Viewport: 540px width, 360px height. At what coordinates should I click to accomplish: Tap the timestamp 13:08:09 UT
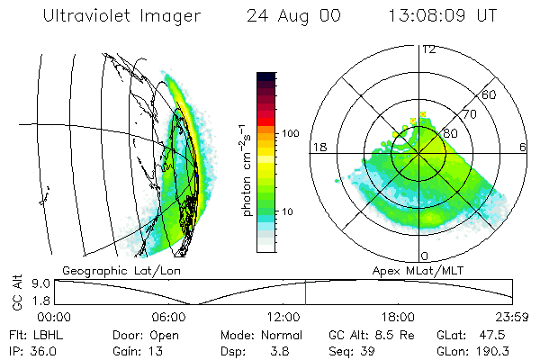pos(443,16)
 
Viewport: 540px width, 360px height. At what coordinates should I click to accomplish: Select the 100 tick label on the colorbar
pos(291,133)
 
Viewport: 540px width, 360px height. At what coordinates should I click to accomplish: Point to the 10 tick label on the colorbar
pos(288,211)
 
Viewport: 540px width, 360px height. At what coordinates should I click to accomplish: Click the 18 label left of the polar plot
pos(319,147)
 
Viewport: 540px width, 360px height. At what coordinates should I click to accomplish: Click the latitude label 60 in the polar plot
pos(490,94)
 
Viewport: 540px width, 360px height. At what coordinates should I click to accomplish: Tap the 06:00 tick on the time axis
pos(169,316)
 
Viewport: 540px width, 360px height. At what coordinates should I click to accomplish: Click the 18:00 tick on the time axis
pos(399,316)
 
